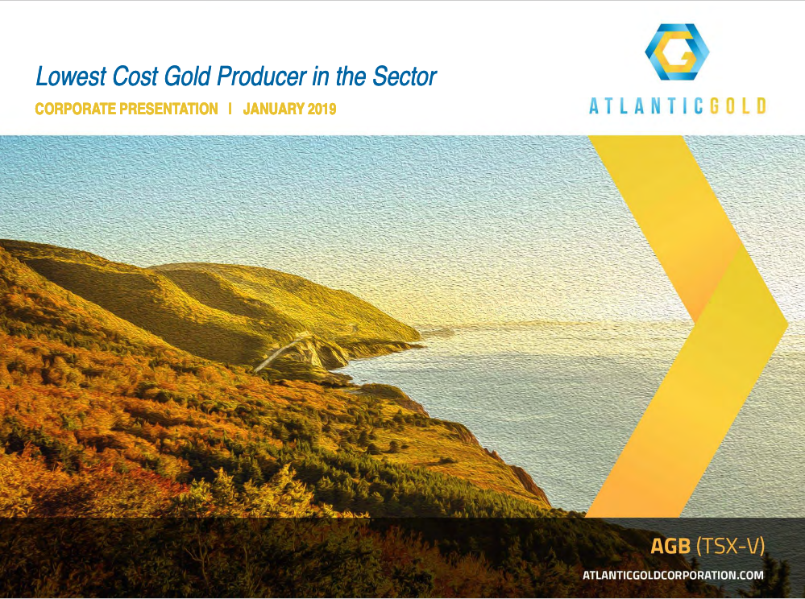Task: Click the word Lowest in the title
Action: pos(71,76)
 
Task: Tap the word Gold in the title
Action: pos(188,76)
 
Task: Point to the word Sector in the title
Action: pos(405,76)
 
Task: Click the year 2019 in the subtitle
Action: pos(322,109)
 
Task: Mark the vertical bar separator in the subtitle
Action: pos(230,109)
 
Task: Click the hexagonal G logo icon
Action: pos(677,52)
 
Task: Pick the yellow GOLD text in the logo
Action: pos(738,105)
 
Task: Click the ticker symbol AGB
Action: pos(670,546)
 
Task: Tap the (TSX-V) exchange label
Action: pos(730,546)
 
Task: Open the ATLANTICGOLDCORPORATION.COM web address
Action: pos(673,575)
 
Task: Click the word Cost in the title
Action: pos(135,76)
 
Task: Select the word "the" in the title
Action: pos(351,76)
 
